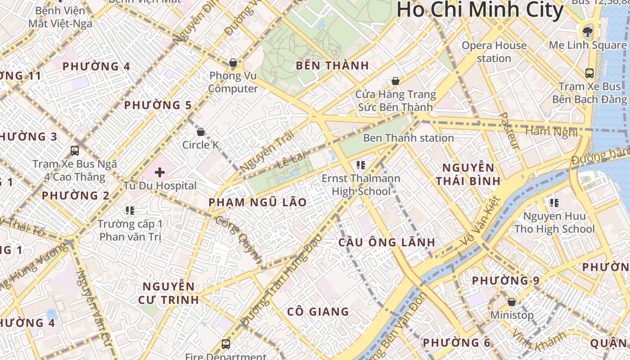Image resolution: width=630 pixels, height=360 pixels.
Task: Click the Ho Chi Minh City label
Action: point(480,10)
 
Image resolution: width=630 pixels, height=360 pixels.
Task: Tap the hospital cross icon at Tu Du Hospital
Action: point(160,172)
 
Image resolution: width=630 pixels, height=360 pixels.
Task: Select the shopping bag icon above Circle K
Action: point(201,132)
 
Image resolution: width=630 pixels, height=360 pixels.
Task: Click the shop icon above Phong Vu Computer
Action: point(233,62)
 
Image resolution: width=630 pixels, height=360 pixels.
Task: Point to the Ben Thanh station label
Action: point(408,138)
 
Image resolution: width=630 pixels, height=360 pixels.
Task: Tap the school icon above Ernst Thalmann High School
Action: point(360,165)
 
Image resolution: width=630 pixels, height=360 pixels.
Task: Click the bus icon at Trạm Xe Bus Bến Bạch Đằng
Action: point(589,73)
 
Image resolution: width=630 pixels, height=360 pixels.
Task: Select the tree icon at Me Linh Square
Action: point(587,31)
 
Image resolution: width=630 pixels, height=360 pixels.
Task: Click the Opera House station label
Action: point(494,52)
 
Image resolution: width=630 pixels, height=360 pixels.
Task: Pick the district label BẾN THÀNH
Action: point(332,66)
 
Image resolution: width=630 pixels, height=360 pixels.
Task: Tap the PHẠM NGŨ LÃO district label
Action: point(257,202)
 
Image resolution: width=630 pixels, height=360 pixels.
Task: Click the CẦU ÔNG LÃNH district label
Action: point(387,243)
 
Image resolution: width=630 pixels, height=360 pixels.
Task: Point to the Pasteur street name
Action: point(509,131)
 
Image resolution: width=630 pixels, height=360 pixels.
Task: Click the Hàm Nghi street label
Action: point(551,132)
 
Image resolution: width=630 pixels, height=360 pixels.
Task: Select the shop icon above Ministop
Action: point(511,301)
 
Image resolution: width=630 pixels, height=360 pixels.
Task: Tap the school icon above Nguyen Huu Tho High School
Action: point(554,203)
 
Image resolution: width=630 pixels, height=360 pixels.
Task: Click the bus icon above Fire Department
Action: point(226,344)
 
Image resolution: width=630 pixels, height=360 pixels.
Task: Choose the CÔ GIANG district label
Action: point(318,311)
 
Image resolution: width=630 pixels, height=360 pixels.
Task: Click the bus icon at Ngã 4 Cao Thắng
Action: point(75,151)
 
